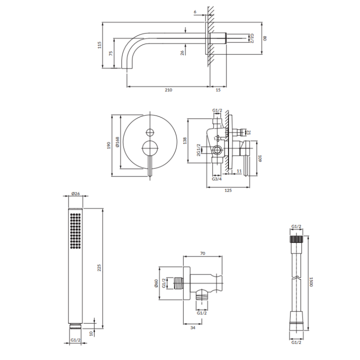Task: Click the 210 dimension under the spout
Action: pyautogui.click(x=168, y=90)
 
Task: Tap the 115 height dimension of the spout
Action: pyautogui.click(x=99, y=45)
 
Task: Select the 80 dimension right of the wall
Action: pyautogui.click(x=264, y=38)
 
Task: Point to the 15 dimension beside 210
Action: pyautogui.click(x=218, y=90)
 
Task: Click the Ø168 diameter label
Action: pyautogui.click(x=117, y=142)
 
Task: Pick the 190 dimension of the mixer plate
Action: pyautogui.click(x=109, y=145)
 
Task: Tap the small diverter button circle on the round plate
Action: pyautogui.click(x=150, y=132)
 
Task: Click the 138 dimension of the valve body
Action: pyautogui.click(x=185, y=140)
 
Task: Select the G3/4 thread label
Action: pyautogui.click(x=216, y=179)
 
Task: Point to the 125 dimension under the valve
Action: pyautogui.click(x=228, y=190)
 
